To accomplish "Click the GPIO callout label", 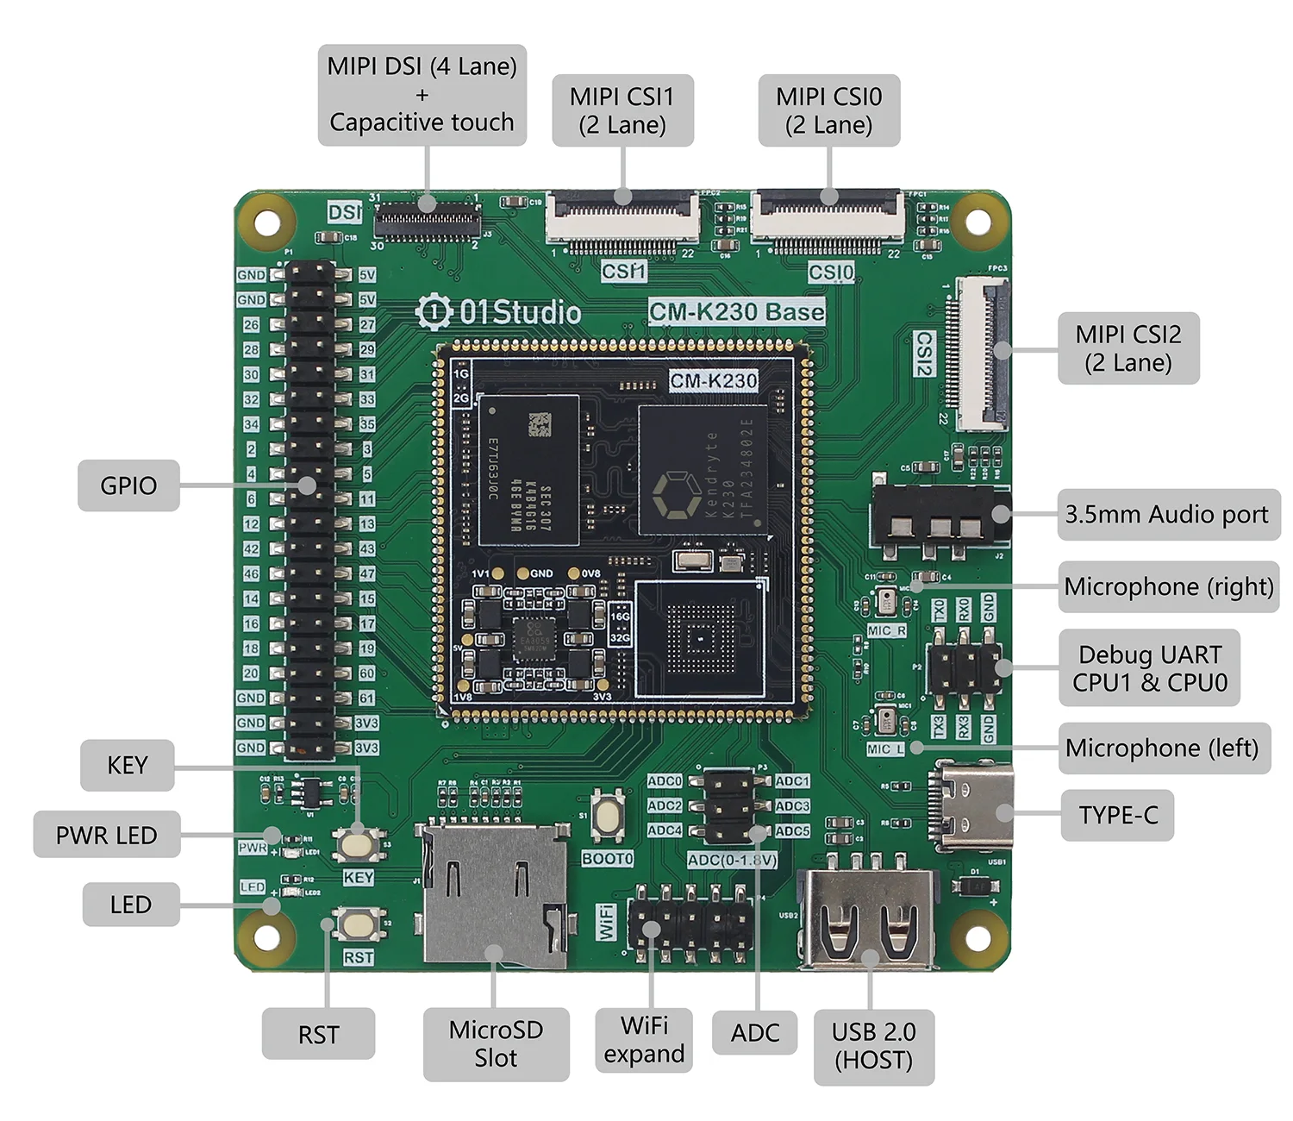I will [128, 485].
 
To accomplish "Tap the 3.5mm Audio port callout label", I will [1167, 515].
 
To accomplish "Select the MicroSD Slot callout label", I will [496, 1043].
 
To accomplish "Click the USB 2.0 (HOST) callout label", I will [873, 1046].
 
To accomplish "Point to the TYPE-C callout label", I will [1117, 815].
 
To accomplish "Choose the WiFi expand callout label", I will [644, 1040].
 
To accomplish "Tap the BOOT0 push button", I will [609, 816].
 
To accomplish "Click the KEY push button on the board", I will [357, 842].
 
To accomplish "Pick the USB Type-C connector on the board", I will [971, 807].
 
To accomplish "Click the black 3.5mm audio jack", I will [939, 517].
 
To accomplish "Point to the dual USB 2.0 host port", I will [867, 919].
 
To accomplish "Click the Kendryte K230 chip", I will [702, 470].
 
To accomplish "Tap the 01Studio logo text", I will [499, 312].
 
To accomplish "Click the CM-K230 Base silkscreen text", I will [737, 311].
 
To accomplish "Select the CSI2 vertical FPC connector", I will [983, 354].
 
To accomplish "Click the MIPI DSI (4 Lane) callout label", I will [422, 95].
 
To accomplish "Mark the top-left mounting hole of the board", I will [267, 222].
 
